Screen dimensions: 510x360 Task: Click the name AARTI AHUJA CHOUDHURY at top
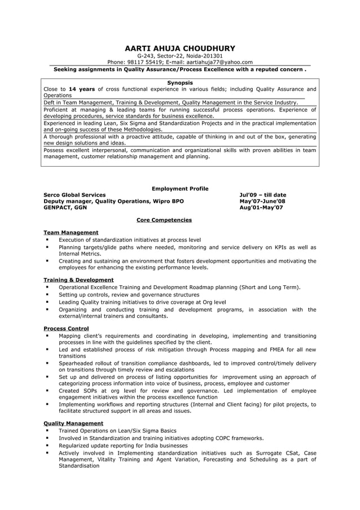(180, 48)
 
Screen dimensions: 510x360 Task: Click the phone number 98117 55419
(144, 62)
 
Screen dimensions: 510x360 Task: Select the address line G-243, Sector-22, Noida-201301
(180, 56)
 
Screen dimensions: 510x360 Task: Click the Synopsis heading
(180, 82)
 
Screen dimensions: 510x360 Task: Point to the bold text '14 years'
(81, 89)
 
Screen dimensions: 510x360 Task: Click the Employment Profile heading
(180, 189)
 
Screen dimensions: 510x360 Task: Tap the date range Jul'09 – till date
(262, 195)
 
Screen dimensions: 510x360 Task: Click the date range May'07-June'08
(262, 201)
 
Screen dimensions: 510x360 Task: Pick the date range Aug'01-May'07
(261, 207)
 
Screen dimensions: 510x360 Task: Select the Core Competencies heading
(164, 220)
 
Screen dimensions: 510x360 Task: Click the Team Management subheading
(71, 232)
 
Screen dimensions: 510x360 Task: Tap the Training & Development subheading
(78, 280)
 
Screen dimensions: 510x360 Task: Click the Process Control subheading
(66, 328)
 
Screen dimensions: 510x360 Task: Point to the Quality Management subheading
(73, 423)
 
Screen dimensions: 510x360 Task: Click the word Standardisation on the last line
(78, 466)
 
